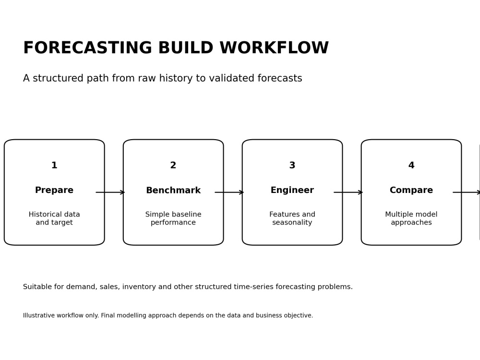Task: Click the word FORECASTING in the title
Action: pos(87,48)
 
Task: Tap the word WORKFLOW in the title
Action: pos(274,48)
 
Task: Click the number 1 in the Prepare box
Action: pos(54,165)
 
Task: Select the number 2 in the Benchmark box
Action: pos(173,165)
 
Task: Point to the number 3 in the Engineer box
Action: pos(292,165)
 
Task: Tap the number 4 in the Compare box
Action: pos(411,165)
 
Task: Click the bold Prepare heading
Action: pos(54,190)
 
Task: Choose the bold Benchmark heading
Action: pos(173,190)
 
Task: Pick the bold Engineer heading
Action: pos(292,190)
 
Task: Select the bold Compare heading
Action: pos(411,190)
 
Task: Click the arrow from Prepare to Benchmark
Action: pos(110,192)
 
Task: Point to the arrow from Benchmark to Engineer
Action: pos(229,192)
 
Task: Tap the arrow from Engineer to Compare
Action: pos(348,192)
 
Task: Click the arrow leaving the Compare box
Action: pos(466,192)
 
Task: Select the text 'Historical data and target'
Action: pos(54,218)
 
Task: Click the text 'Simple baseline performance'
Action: pos(173,218)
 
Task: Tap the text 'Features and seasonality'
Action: pos(292,218)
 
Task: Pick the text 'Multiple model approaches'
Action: pos(411,218)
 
